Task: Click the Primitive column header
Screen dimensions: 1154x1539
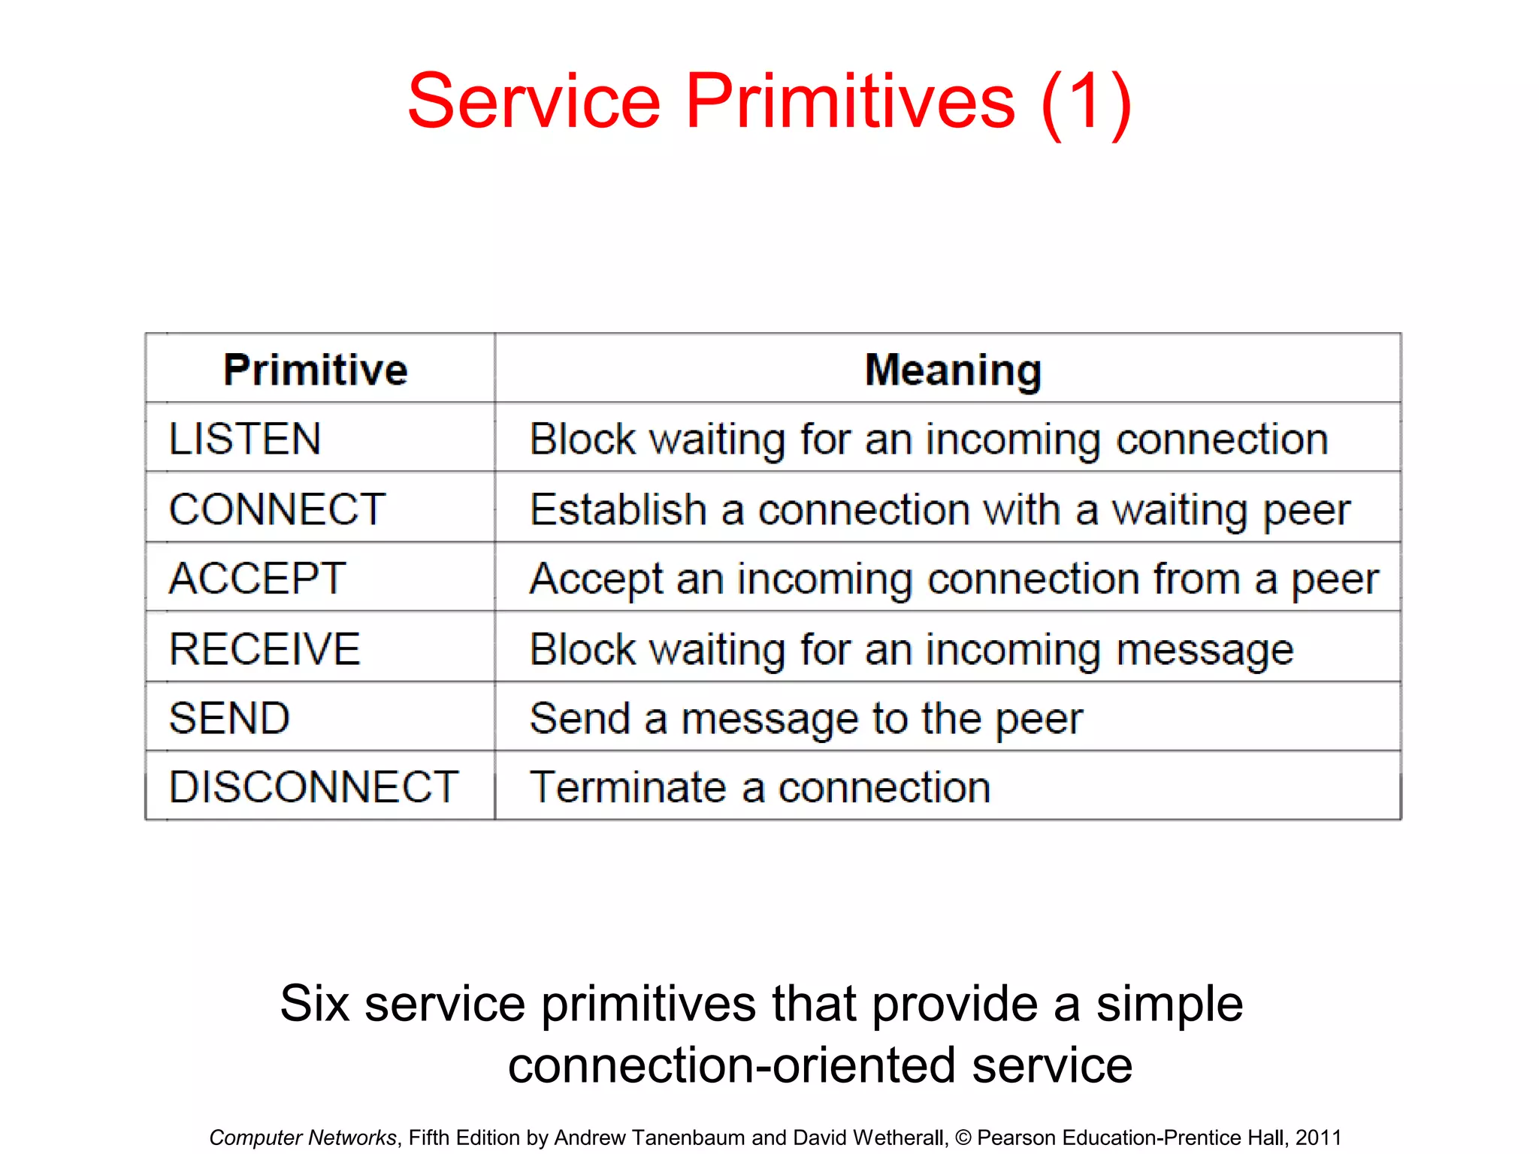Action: click(x=316, y=370)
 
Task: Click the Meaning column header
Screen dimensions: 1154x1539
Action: click(x=953, y=370)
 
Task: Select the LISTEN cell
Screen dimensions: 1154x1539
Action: click(x=245, y=439)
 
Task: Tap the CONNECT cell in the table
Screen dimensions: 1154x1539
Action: click(x=277, y=509)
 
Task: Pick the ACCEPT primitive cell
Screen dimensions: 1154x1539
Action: click(x=257, y=579)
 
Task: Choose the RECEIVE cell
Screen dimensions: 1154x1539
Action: click(x=265, y=649)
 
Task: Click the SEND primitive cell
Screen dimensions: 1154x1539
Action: click(x=229, y=718)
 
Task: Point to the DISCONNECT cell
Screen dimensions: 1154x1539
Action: click(x=313, y=787)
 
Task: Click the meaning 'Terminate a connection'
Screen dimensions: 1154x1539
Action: click(x=760, y=787)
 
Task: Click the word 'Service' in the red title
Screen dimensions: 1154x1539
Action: click(x=534, y=101)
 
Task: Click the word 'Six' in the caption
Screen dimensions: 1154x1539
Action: click(x=314, y=1004)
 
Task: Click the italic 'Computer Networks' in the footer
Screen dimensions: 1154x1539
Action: click(x=302, y=1137)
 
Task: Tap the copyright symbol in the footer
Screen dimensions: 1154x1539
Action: click(x=963, y=1138)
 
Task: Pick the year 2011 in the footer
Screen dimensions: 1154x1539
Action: click(x=1318, y=1137)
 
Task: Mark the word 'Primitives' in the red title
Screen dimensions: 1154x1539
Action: click(x=850, y=101)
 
